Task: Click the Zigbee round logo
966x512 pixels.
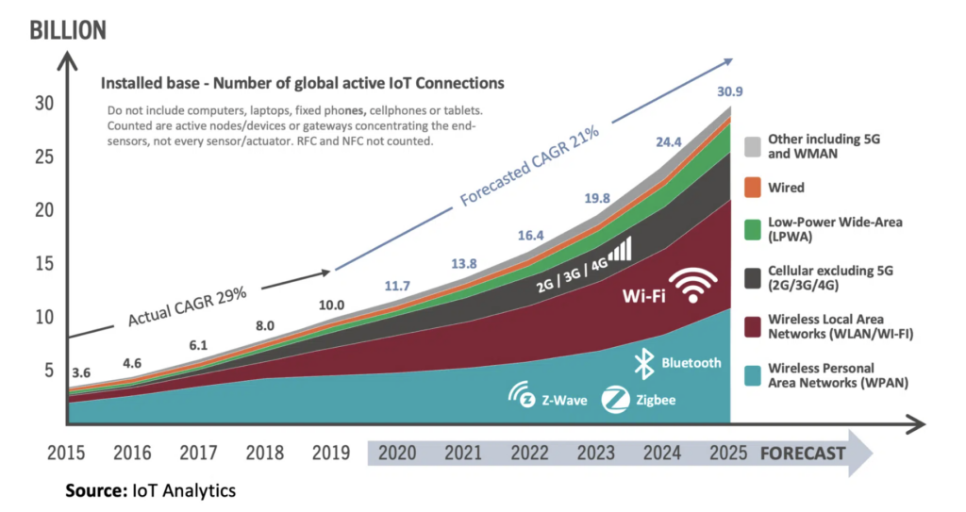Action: click(x=615, y=399)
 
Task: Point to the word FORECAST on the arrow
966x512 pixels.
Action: click(x=803, y=454)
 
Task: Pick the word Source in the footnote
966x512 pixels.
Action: click(x=94, y=490)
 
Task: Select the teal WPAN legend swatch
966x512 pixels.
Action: click(x=751, y=374)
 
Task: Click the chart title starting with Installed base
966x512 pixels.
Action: click(x=302, y=83)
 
